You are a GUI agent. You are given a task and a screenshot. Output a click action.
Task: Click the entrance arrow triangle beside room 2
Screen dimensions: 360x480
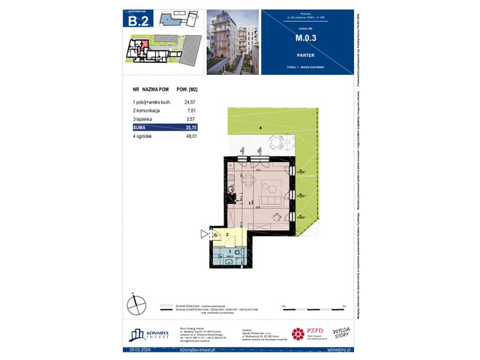204,235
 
